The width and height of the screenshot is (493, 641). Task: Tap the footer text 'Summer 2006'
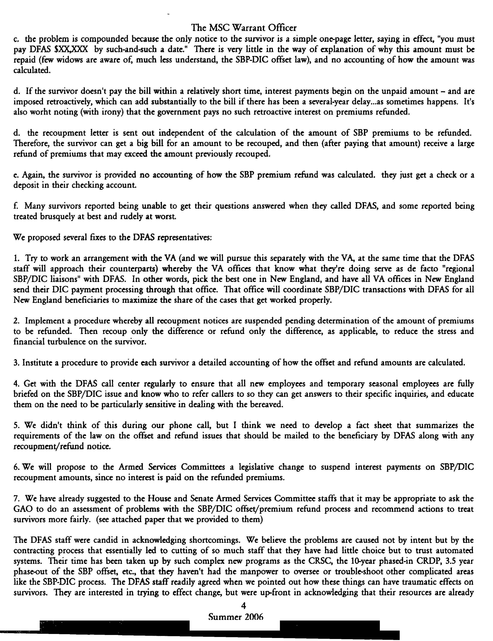236,617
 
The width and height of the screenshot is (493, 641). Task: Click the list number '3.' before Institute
16,363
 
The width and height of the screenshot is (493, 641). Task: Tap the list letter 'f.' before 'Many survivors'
16,206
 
